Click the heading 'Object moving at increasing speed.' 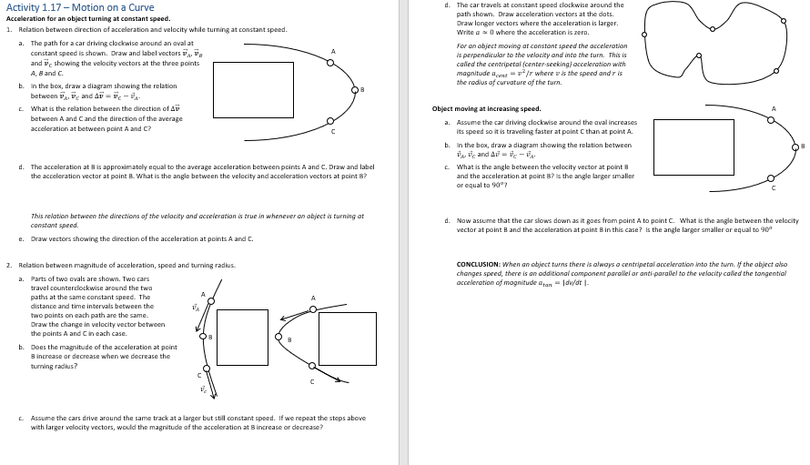pos(486,109)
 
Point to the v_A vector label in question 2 pos(194,307)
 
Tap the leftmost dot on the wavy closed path pos(643,35)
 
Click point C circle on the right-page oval pos(772,178)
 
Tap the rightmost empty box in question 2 pos(347,339)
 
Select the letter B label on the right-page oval pos(804,147)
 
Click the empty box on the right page pos(693,147)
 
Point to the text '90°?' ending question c pos(484,187)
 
